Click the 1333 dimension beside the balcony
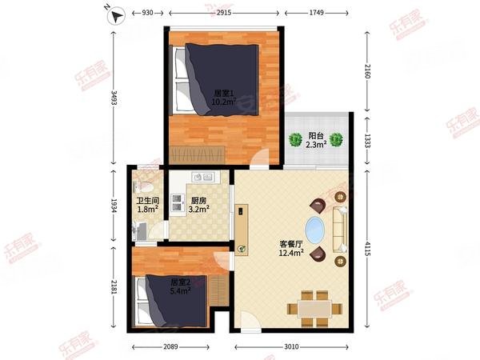(366, 141)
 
